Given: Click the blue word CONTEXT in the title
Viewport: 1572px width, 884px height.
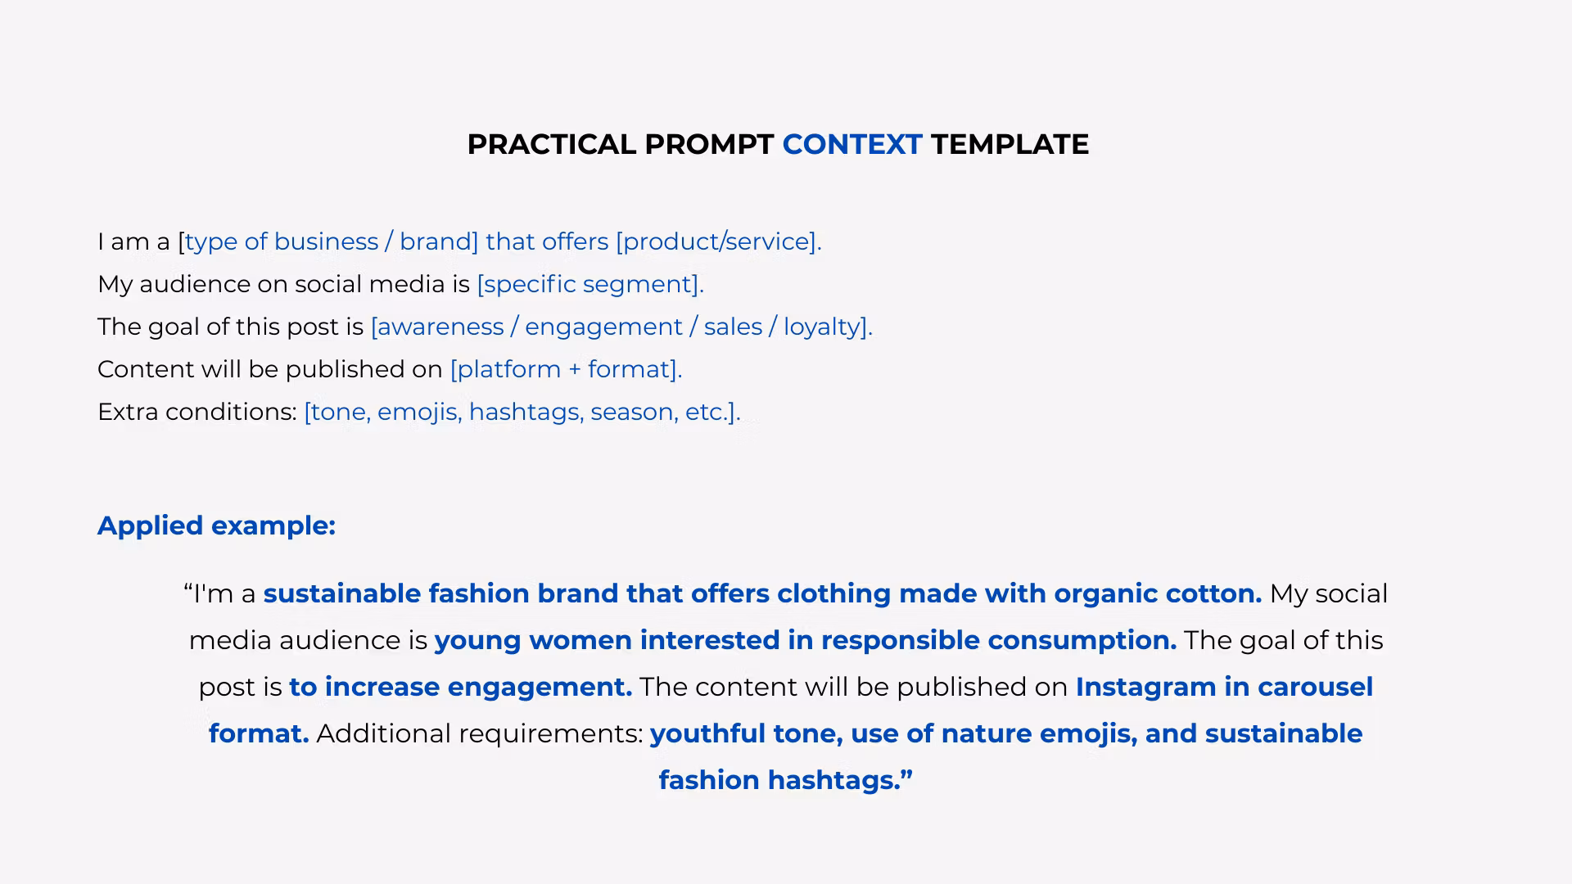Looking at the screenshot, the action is [x=852, y=144].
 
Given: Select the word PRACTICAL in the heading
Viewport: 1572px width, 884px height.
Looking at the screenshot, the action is [x=552, y=144].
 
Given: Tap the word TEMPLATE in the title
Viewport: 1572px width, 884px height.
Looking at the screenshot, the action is [x=1010, y=144].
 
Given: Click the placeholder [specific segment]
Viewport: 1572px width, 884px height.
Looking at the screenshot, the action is [x=590, y=284].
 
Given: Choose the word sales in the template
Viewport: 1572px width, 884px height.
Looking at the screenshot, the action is [x=733, y=327].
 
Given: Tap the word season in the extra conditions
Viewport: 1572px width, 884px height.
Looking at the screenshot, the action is [x=634, y=412].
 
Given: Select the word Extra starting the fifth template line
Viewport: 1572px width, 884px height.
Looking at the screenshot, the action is [x=128, y=412].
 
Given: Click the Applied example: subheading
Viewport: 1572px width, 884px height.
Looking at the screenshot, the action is [x=216, y=525].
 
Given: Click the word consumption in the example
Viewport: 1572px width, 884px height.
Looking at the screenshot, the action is [x=1082, y=641].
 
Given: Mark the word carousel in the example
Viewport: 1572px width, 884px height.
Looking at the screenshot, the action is [x=1316, y=687].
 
